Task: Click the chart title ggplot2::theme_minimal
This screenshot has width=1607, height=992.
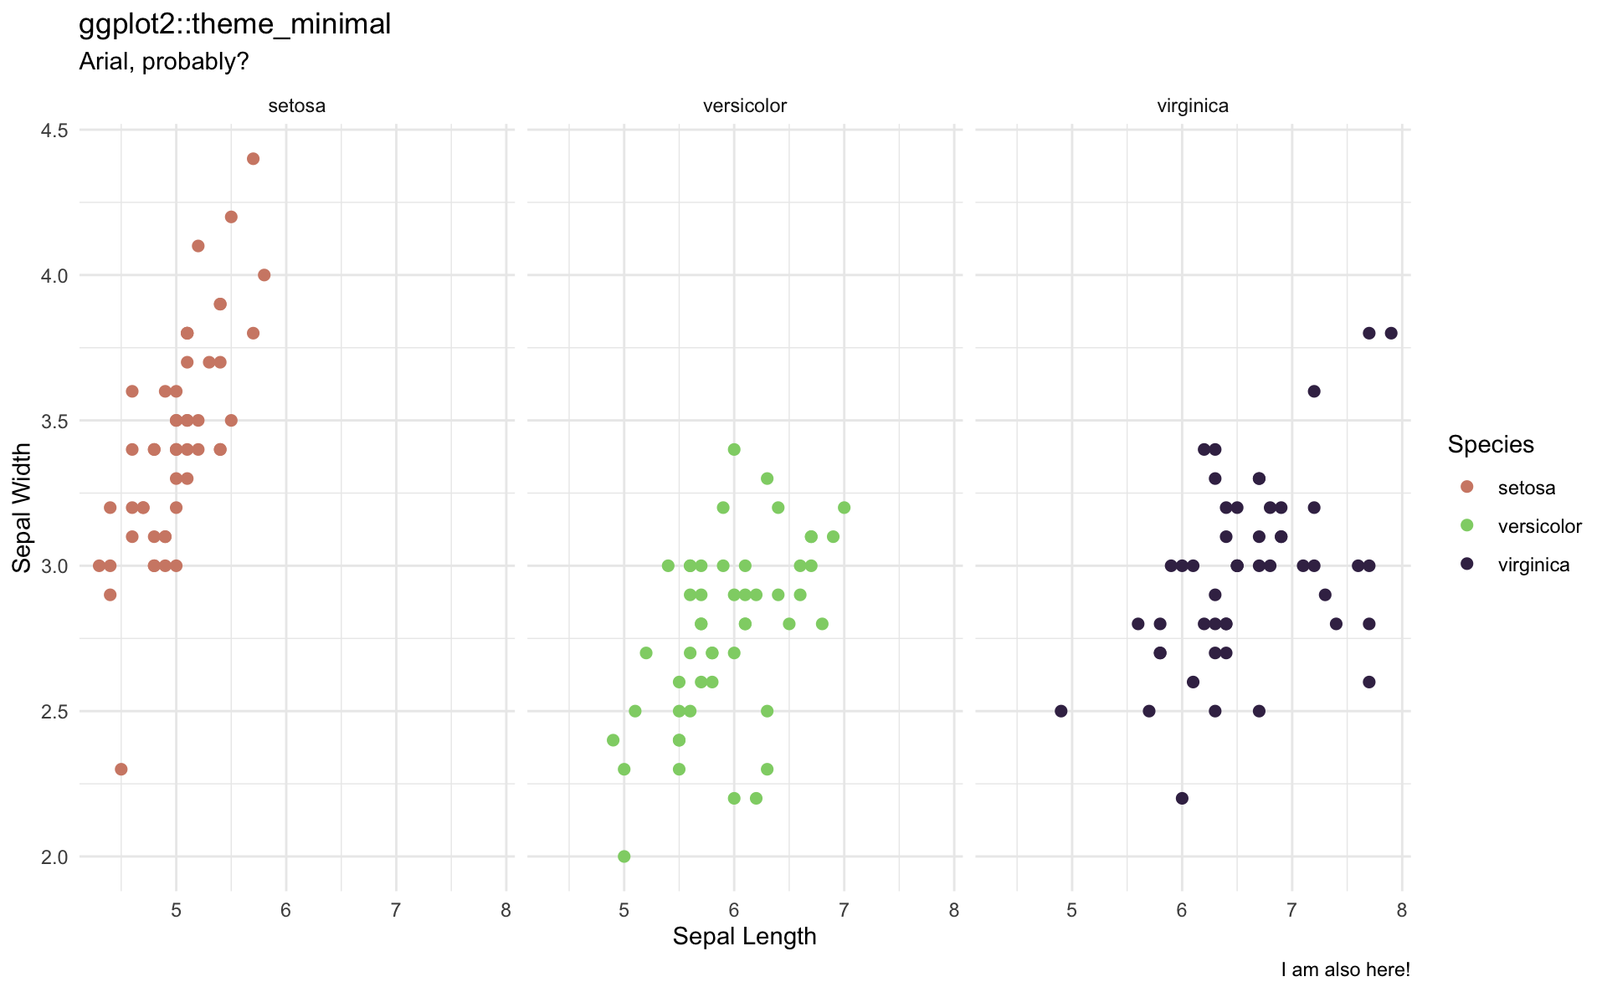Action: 234,24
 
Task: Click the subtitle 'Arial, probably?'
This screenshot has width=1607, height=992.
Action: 163,62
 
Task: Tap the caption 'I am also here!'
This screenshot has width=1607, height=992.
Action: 1345,970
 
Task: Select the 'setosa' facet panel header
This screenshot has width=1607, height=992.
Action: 296,106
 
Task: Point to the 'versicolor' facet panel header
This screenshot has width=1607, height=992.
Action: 744,106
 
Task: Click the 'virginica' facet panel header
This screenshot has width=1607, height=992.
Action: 1193,106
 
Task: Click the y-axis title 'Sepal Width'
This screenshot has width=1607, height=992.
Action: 23,508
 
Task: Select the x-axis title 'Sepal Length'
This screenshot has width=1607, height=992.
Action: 744,937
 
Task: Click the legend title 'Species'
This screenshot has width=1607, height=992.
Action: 1491,445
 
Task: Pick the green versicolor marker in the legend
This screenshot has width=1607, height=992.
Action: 1466,526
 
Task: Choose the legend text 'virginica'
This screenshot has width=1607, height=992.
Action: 1533,565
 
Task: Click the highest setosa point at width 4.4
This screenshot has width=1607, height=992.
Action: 253,159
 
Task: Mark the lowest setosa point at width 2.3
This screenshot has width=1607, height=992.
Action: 121,770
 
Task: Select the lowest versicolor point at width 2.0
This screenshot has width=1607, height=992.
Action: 624,856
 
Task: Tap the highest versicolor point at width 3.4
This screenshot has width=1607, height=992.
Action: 734,449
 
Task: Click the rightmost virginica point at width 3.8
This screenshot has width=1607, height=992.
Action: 1391,333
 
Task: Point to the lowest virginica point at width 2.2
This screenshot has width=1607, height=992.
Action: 1182,798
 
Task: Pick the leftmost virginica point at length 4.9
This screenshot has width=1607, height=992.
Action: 1060,711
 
